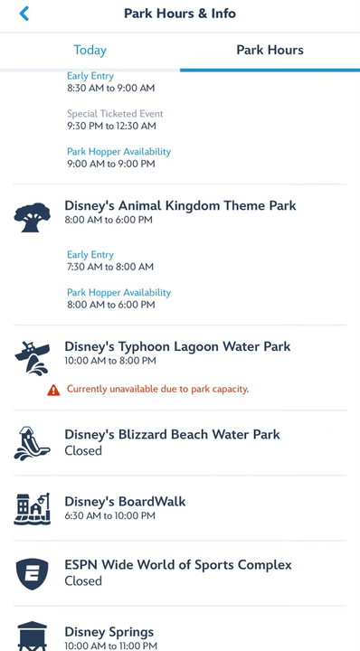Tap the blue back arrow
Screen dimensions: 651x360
pos(24,14)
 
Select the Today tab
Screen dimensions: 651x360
pos(90,51)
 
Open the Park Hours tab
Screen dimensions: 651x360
pos(270,51)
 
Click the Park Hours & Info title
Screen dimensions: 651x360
pos(180,14)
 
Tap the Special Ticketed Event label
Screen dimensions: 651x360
pos(115,114)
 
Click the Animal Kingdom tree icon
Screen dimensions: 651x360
pos(33,218)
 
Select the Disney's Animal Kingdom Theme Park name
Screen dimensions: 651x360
pos(180,206)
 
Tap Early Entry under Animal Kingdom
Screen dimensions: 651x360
pos(90,255)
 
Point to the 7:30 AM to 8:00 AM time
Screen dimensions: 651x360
pos(110,268)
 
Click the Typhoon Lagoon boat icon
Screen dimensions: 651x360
pos(33,359)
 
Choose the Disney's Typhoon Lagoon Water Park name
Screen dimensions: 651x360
pos(177,347)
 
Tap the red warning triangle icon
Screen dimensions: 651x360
pos(54,390)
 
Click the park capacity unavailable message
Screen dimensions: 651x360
pos(157,390)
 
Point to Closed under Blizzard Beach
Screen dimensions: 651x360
pos(83,450)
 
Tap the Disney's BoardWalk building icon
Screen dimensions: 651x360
pos(33,508)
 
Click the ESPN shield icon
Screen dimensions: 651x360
pos(33,573)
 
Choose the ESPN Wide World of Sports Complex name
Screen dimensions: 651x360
pos(178,565)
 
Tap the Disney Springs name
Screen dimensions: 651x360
pos(109,632)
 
